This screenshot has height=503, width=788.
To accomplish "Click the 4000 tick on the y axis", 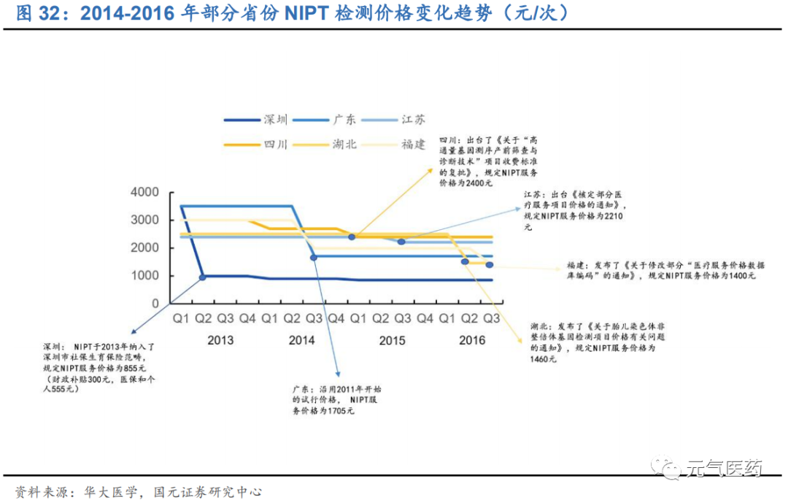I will click(x=144, y=192).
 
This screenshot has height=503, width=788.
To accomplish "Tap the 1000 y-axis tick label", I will click(x=144, y=276).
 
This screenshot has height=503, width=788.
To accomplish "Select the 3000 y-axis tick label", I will click(x=144, y=220).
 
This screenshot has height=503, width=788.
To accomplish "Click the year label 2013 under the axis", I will click(x=220, y=340).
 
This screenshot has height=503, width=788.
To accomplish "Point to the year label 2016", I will click(x=471, y=340).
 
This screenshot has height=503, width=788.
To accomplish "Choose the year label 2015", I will click(x=392, y=340).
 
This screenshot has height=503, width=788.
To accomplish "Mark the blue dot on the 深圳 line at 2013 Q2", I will click(x=203, y=277).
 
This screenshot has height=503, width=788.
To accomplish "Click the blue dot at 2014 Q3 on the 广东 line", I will click(x=314, y=257).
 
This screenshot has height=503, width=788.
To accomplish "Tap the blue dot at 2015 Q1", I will click(x=352, y=237).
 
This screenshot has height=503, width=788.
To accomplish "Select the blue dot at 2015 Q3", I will click(x=401, y=241).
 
